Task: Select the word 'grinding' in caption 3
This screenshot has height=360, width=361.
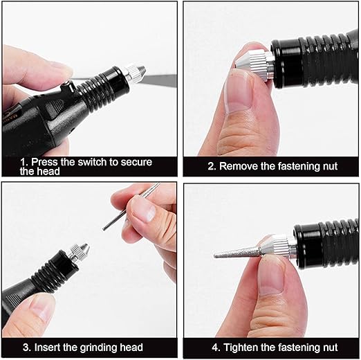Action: (98, 348)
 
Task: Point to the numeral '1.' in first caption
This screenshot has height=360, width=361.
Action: (24, 162)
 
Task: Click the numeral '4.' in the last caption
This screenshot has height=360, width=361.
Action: (216, 348)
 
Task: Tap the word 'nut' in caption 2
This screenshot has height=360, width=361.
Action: (330, 166)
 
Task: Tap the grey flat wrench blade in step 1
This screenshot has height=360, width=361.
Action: (159, 80)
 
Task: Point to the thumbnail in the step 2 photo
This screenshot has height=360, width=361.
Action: (237, 93)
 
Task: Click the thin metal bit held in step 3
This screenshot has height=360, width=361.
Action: (131, 206)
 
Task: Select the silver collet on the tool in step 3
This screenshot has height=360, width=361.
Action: (79, 253)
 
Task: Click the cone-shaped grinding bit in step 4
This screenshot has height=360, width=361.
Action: (237, 253)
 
